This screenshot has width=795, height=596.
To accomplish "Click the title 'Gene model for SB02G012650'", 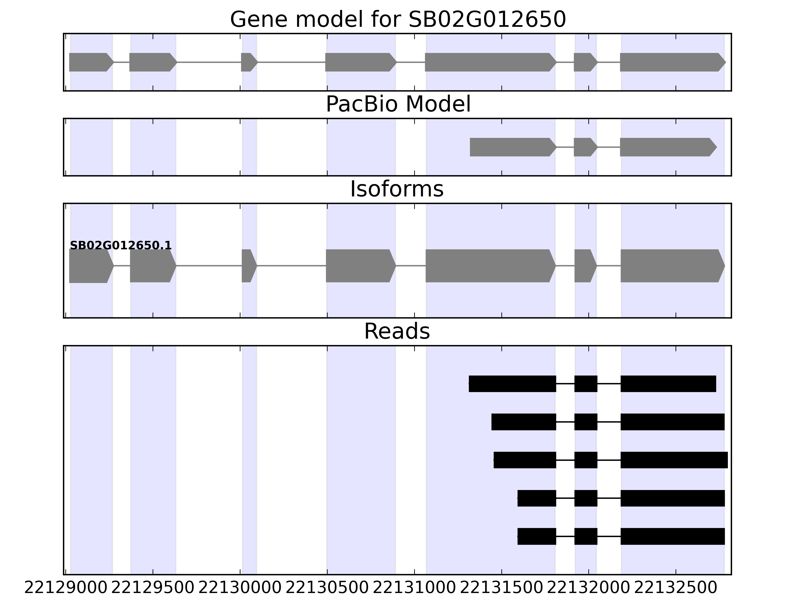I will (x=397, y=19).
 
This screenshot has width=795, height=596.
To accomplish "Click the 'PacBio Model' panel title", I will (x=398, y=104).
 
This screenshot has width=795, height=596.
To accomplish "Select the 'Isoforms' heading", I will (x=397, y=189).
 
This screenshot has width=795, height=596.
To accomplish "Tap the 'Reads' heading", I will (x=397, y=331).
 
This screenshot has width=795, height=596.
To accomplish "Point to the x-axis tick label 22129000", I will (x=66, y=588).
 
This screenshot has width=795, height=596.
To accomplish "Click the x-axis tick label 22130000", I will (x=240, y=588).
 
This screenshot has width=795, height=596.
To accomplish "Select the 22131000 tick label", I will (x=414, y=588).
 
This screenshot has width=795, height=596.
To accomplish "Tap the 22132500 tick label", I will (x=676, y=588).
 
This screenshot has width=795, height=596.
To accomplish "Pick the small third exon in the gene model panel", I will (x=249, y=62).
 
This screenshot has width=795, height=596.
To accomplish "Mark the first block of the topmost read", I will (x=512, y=384).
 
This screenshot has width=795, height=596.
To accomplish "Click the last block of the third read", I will (x=674, y=460).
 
